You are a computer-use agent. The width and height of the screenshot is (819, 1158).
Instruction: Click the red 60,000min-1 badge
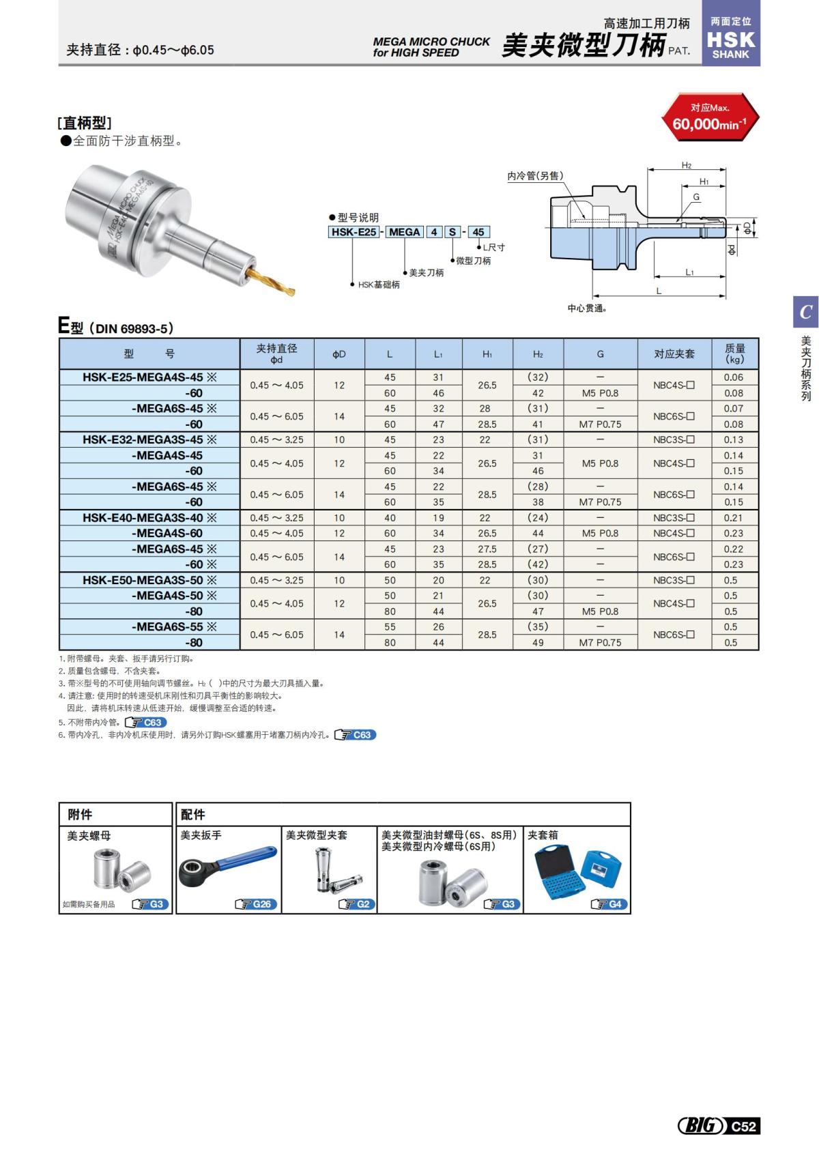[710, 117]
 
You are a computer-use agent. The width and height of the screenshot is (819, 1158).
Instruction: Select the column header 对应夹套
[674, 353]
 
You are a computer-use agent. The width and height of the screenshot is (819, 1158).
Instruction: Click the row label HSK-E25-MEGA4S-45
[149, 377]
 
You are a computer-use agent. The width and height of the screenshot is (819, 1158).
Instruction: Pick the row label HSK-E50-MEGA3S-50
[149, 580]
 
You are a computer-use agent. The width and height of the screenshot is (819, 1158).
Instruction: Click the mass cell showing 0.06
[734, 377]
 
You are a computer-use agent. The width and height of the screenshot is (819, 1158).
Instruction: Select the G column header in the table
[600, 353]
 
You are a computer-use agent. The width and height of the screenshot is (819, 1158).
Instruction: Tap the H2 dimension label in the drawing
[686, 166]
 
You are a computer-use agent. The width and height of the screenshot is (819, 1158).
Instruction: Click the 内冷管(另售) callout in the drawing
[535, 176]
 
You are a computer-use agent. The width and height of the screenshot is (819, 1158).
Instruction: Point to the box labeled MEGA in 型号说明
[404, 232]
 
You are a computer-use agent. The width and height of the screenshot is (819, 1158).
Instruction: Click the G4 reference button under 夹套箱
[609, 904]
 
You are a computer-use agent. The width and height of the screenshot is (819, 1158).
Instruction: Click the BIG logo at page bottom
[700, 1126]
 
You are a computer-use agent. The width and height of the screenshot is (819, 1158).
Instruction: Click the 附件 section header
[81, 814]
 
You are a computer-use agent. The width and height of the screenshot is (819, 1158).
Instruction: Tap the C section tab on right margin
[805, 312]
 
